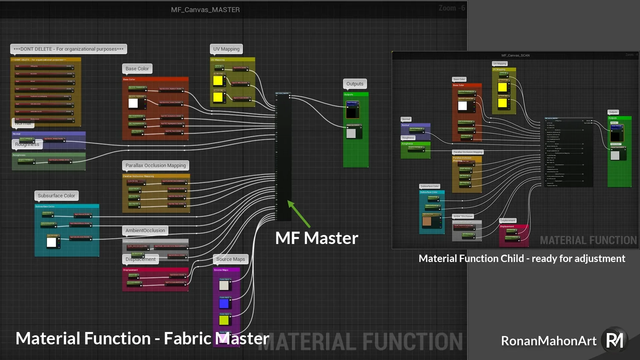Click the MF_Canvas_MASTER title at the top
click(205, 10)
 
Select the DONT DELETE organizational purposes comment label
click(68, 49)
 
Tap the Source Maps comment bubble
click(230, 259)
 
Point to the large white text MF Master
click(316, 238)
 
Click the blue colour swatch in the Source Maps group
click(224, 303)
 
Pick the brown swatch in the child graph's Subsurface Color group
click(427, 221)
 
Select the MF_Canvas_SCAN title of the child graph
click(515, 55)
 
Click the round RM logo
click(614, 340)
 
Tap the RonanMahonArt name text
click(549, 341)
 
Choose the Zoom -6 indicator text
click(452, 8)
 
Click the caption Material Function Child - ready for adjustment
click(522, 258)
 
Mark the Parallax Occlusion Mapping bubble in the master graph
click(156, 165)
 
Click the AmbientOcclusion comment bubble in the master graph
click(145, 230)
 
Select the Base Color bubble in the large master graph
click(137, 69)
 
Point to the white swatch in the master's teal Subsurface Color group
click(51, 242)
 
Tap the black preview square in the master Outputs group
click(351, 112)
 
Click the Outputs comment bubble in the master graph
click(355, 84)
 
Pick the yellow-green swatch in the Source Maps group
click(224, 320)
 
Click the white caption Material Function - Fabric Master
click(142, 338)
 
